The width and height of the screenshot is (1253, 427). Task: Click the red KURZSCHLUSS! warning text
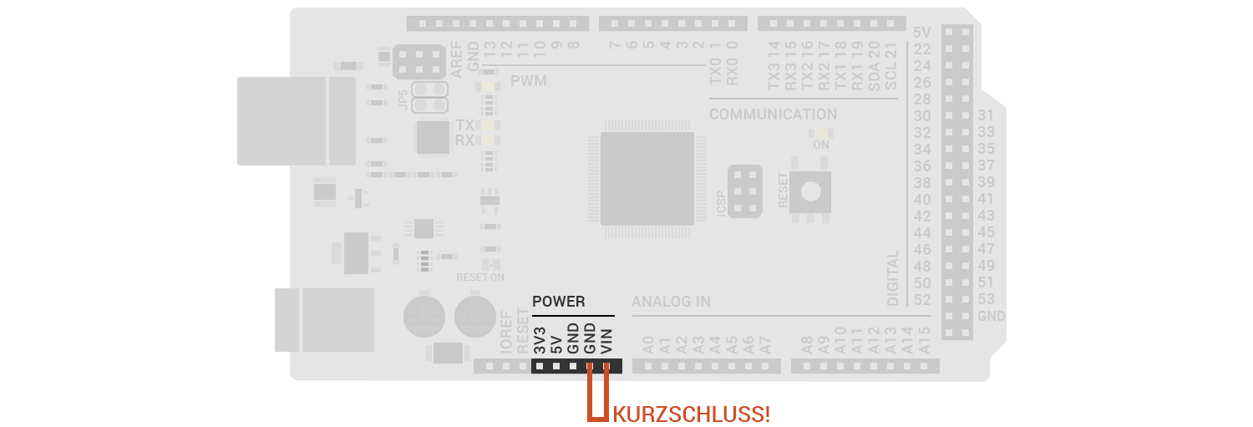pos(692,413)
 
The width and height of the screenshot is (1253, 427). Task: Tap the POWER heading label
pos(559,302)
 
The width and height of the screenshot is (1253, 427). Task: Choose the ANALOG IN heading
pos(671,302)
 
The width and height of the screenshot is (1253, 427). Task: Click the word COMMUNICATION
pos(773,114)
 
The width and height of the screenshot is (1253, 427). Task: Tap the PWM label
pos(528,82)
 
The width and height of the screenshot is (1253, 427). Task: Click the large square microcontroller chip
pos(647,178)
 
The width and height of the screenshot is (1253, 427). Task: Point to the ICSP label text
pos(722,203)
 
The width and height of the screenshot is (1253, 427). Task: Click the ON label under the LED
pos(821,144)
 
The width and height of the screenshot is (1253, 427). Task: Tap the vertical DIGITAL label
pos(893,277)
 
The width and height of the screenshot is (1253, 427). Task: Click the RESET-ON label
pos(480,277)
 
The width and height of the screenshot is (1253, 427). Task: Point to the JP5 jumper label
pos(404,99)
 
